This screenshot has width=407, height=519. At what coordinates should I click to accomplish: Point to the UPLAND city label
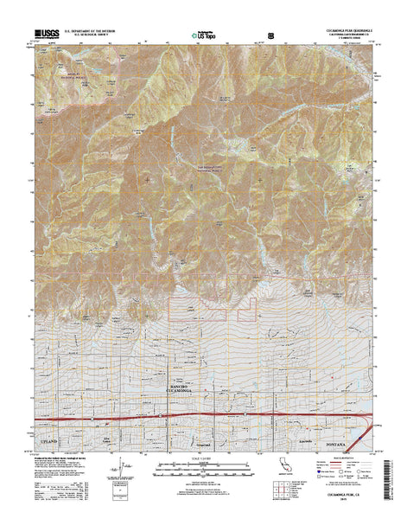click(x=53, y=417)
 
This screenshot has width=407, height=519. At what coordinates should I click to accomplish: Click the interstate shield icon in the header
click(x=273, y=35)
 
